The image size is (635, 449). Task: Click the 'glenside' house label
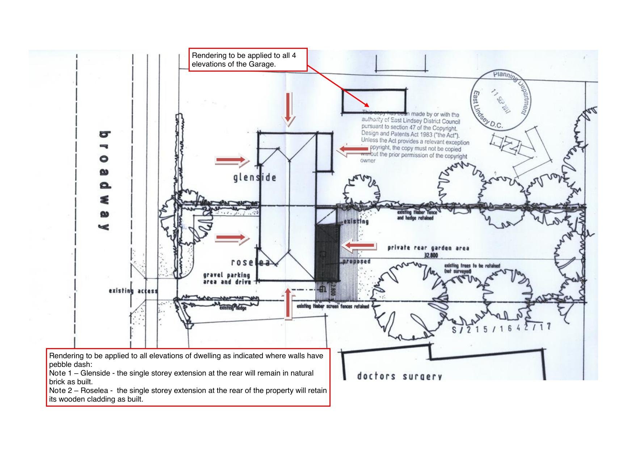(255, 178)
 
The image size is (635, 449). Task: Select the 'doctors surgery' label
(399, 376)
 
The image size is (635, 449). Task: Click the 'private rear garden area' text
(428, 248)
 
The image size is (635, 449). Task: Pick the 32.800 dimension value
(430, 255)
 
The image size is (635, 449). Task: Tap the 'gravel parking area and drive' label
(227, 279)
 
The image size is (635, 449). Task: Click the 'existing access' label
(133, 291)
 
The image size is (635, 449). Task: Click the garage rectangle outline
(374, 101)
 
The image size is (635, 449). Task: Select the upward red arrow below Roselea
(288, 304)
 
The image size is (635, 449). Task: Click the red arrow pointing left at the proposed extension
(359, 246)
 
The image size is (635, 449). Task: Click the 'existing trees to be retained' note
(472, 268)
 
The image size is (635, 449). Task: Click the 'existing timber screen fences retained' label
(333, 306)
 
